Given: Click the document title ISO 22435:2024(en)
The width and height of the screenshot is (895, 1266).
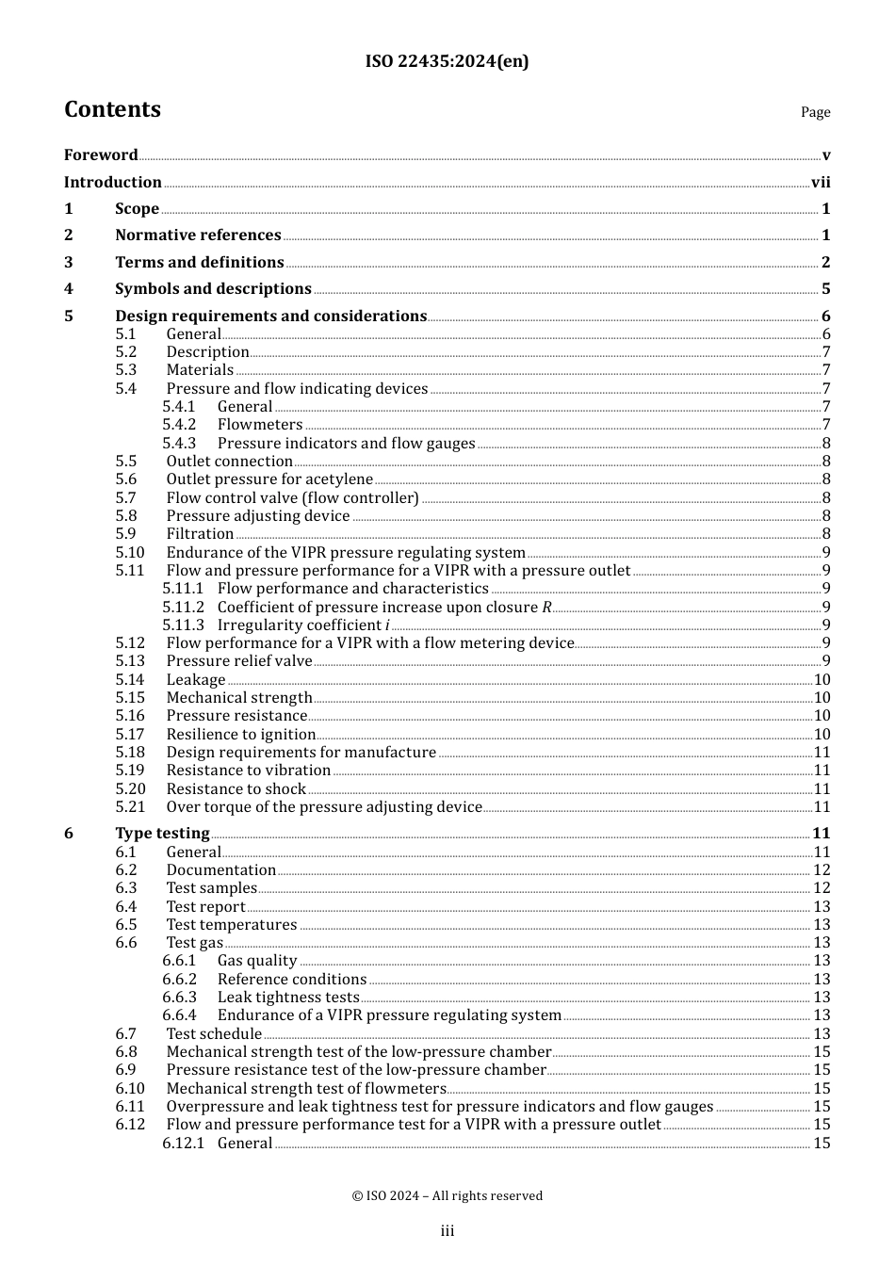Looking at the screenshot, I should [x=447, y=61].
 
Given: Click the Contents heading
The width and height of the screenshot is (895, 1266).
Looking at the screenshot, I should [x=112, y=109].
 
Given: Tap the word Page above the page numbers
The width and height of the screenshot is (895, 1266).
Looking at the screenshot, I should [x=815, y=112].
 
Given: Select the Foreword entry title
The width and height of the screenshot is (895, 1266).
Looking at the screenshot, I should [x=101, y=155].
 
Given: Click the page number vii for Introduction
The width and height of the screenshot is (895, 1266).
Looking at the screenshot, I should [x=821, y=183].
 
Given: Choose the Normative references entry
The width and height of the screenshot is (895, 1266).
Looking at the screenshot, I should [x=198, y=235].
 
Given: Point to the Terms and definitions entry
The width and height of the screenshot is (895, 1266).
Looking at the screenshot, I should [x=199, y=263].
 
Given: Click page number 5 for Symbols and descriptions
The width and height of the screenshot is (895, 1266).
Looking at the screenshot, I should [x=825, y=289].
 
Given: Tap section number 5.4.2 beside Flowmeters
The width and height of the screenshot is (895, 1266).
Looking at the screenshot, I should [x=179, y=425].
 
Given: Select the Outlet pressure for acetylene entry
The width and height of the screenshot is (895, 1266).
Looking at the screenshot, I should [x=269, y=479].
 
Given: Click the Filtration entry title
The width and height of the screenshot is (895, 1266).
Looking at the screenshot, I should [x=200, y=534].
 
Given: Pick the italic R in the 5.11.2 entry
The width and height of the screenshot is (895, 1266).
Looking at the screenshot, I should [x=546, y=608].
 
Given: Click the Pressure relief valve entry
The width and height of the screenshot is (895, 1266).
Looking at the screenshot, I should [x=238, y=661].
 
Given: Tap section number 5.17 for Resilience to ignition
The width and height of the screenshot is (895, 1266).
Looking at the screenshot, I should [x=130, y=735].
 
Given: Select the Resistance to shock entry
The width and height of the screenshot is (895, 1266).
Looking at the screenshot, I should [x=236, y=789].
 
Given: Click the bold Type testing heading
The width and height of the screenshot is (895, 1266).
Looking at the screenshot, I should [x=162, y=834].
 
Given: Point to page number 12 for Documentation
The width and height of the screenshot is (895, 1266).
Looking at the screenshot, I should [x=822, y=870].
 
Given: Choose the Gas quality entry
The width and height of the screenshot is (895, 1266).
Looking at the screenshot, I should [x=257, y=961].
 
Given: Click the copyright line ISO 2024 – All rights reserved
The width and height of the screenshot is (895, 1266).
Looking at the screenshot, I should [x=447, y=1196].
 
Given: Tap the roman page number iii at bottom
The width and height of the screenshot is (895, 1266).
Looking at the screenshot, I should [x=447, y=1231].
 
